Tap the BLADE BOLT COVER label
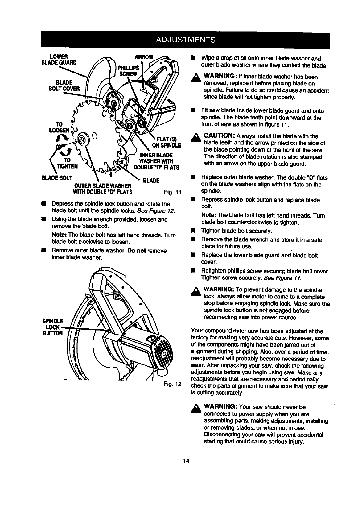coord(68,85)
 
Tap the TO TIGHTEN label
coord(66,163)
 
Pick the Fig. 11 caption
coord(172,192)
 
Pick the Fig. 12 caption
coord(172,384)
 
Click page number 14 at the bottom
coord(185,461)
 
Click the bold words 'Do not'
coord(136,251)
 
